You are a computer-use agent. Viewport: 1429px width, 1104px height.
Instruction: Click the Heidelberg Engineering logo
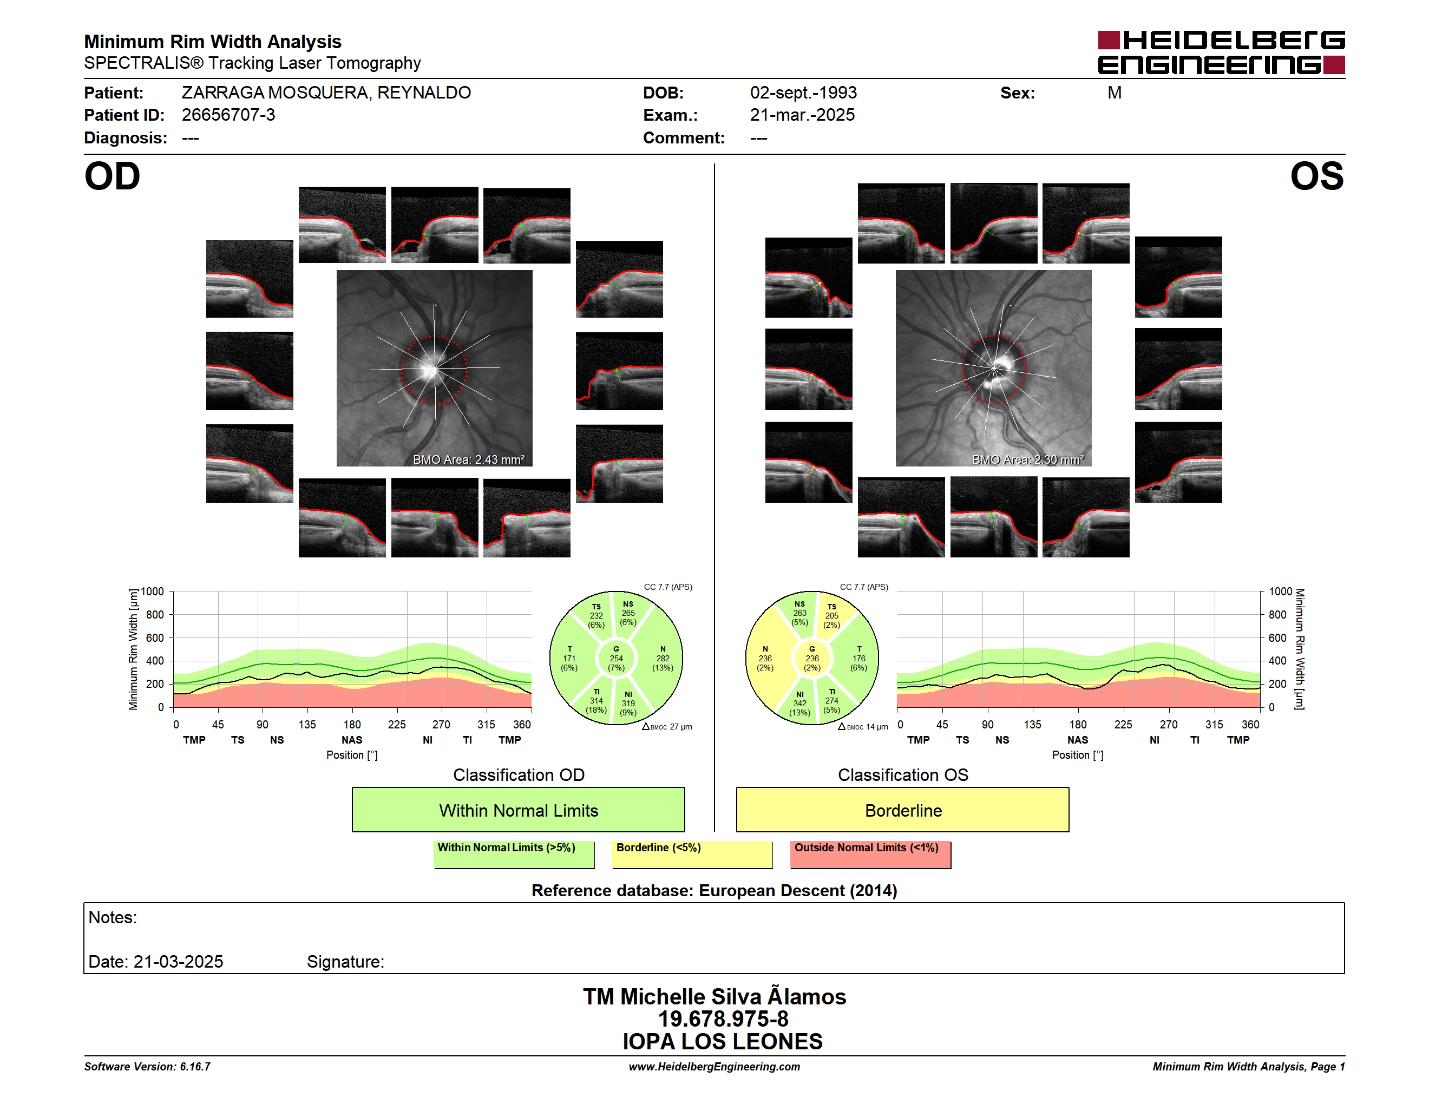(1221, 52)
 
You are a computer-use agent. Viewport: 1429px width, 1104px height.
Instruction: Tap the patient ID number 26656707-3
(228, 115)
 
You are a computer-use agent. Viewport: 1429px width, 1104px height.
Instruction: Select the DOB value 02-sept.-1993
(803, 93)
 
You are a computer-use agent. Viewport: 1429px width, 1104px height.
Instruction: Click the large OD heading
(112, 176)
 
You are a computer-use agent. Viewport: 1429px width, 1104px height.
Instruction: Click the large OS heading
(1316, 176)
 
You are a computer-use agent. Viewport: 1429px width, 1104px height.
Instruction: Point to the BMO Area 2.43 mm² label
(468, 460)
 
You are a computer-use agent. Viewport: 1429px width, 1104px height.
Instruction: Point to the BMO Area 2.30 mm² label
(1028, 460)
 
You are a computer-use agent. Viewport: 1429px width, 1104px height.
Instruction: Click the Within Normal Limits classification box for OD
(518, 810)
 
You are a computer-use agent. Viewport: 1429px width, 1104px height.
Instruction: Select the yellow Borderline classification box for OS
(902, 810)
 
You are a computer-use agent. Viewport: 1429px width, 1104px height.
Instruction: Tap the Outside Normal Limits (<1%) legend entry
(870, 854)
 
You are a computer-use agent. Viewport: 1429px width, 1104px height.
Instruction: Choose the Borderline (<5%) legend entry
(692, 854)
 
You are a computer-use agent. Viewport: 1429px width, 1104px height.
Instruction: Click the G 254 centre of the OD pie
(615, 659)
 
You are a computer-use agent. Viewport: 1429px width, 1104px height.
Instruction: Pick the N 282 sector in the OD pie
(662, 659)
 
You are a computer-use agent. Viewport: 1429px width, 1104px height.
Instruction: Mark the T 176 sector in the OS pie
(858, 659)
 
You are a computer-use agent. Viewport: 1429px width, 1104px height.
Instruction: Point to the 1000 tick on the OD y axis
(153, 592)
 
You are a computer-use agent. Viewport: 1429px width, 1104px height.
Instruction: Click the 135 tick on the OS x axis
(1032, 725)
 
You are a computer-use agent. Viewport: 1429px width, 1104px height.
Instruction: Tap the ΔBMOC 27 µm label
(667, 727)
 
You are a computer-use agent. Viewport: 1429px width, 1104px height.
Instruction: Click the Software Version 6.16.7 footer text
(147, 1067)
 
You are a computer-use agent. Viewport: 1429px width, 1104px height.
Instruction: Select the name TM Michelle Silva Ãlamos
(714, 996)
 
